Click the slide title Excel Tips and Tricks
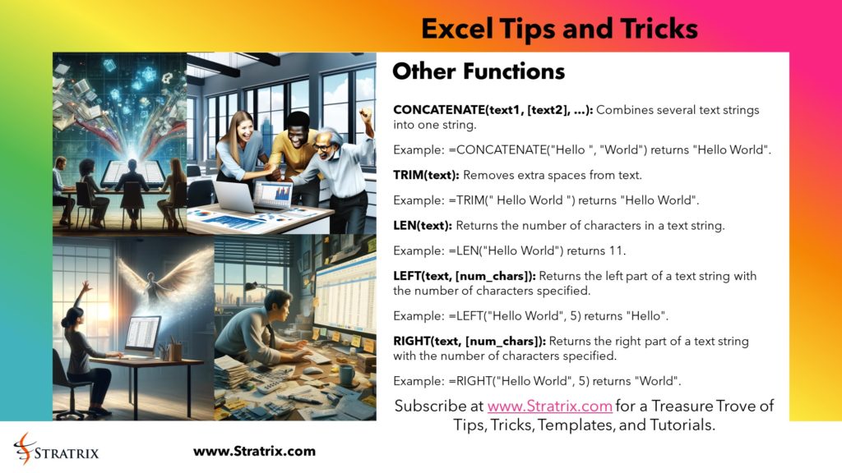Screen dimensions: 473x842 (x=559, y=30)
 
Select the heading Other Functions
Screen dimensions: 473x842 (x=479, y=72)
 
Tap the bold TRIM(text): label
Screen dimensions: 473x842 (x=426, y=175)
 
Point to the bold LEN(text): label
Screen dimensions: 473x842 (x=422, y=224)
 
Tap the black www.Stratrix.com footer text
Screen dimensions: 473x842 (x=254, y=452)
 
